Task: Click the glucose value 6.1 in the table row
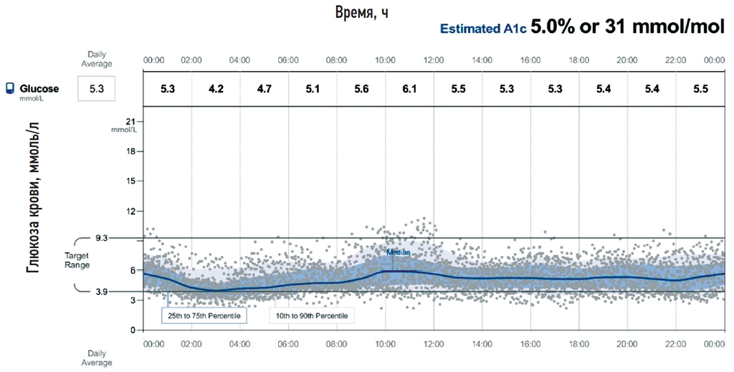pos(409,90)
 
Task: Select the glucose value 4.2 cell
pos(216,90)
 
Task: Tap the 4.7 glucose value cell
pos(264,90)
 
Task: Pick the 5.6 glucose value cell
pos(361,90)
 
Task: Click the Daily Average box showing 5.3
pos(97,90)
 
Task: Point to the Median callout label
pos(398,252)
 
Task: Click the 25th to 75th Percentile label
pos(204,315)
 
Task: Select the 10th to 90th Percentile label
pos(312,315)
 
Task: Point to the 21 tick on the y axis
pos(129,121)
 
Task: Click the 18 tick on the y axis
pos(130,151)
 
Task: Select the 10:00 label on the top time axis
pos(385,61)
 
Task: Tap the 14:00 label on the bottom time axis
pos(482,343)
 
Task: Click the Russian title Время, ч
pos(362,12)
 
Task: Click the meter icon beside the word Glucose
pos(10,90)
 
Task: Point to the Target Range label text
pos(77,259)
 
